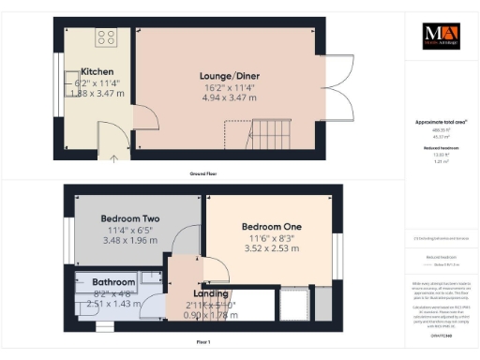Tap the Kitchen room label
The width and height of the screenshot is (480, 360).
pos(97,72)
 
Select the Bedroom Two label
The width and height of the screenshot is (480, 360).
pos(130,218)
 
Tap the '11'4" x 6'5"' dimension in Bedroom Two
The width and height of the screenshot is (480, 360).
pos(130,230)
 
